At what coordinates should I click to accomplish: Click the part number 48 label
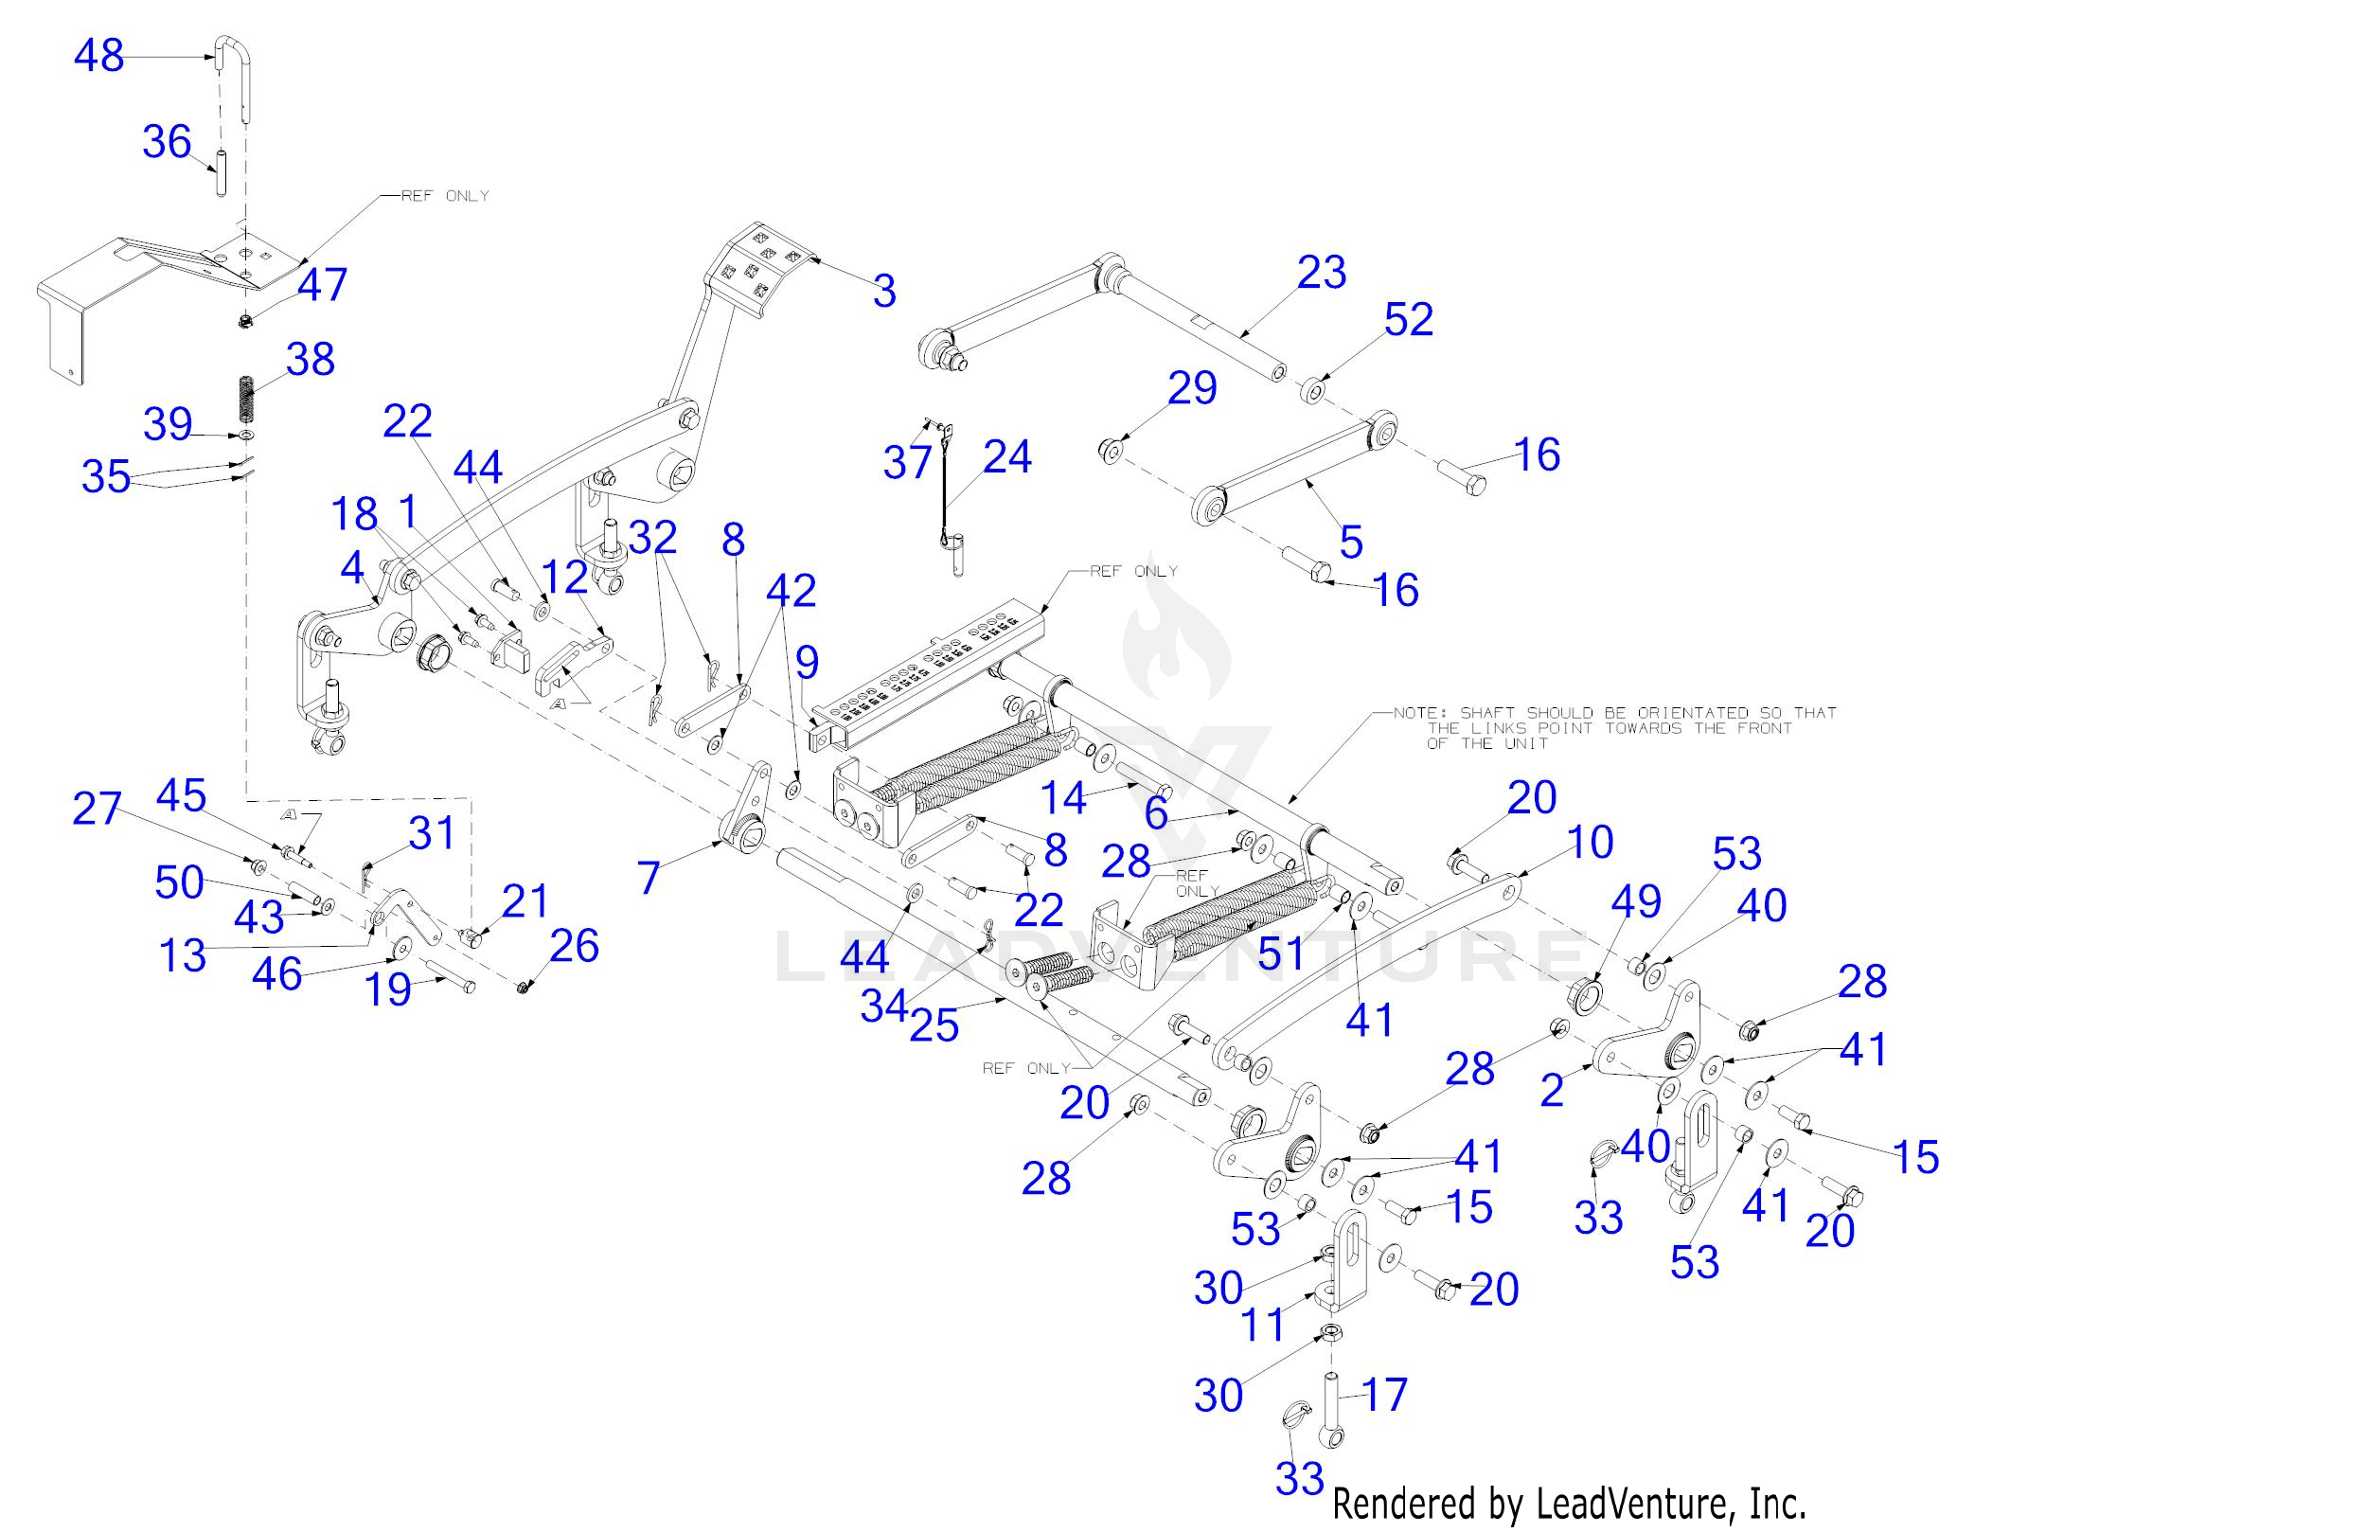click(98, 56)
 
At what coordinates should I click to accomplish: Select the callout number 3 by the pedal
click(883, 292)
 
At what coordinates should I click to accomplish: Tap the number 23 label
click(1321, 273)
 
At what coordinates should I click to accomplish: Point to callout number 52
click(1409, 319)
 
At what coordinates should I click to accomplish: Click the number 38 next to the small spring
click(311, 359)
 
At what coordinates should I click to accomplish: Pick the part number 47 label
click(322, 285)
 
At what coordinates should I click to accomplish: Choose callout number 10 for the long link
click(1589, 843)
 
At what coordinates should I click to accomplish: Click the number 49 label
click(1635, 901)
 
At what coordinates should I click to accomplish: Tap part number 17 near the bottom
click(1385, 1395)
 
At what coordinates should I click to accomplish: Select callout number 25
click(934, 1025)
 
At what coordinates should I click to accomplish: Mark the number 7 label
click(649, 878)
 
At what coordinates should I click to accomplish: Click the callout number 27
click(97, 810)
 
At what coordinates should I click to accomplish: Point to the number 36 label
click(166, 142)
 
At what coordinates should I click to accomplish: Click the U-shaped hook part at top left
click(235, 69)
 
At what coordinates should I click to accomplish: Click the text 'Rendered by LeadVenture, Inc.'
click(1568, 1504)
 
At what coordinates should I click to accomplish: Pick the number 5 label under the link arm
click(1350, 542)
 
